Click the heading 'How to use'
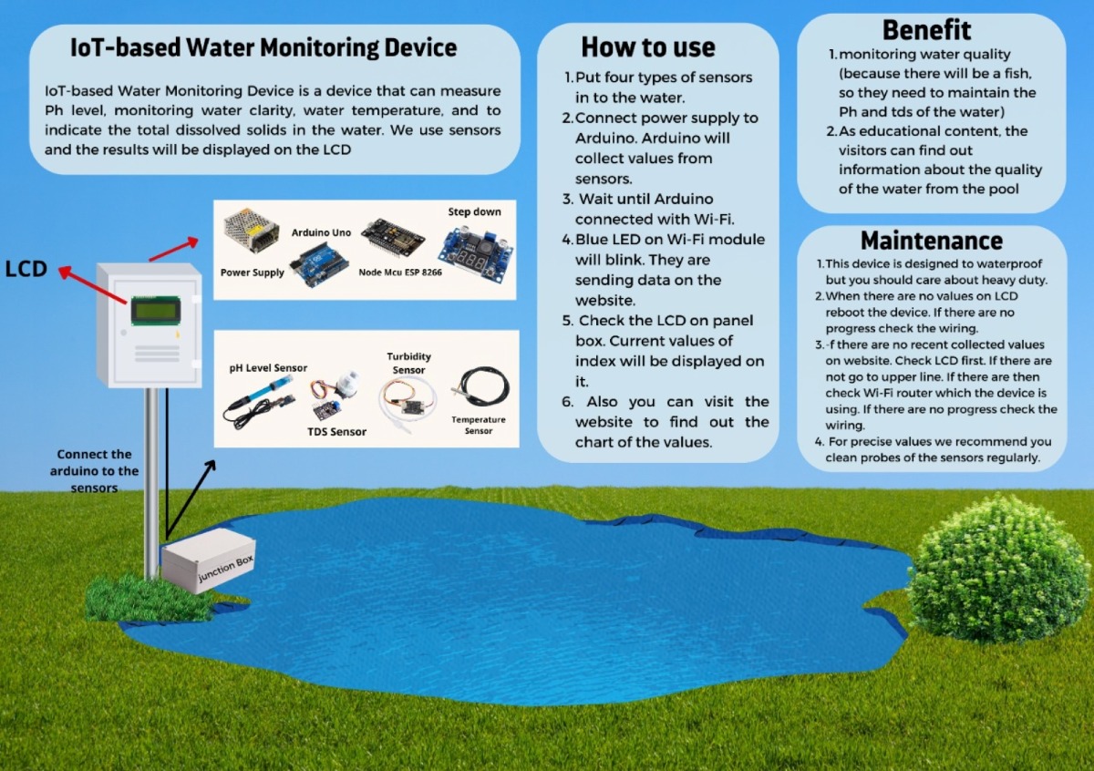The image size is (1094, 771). (648, 47)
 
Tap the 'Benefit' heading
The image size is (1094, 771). (926, 30)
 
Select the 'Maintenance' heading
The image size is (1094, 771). (932, 241)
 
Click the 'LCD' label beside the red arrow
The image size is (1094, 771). (26, 269)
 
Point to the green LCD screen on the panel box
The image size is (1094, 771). (156, 311)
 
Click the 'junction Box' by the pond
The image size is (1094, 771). (209, 560)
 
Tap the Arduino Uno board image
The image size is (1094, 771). (320, 263)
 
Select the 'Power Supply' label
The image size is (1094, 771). (252, 272)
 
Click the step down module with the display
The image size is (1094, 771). (476, 254)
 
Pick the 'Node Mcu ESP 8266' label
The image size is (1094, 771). (400, 272)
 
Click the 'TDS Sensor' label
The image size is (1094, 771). (336, 432)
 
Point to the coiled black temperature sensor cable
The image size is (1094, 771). (480, 388)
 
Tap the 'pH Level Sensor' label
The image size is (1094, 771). (268, 368)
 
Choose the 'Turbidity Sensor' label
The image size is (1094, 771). (408, 364)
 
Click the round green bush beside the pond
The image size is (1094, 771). (994, 571)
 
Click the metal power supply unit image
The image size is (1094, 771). (251, 230)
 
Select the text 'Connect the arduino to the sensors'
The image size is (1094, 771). (94, 471)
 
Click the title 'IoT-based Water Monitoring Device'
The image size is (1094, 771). (263, 48)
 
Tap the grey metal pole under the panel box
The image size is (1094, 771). (151, 482)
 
